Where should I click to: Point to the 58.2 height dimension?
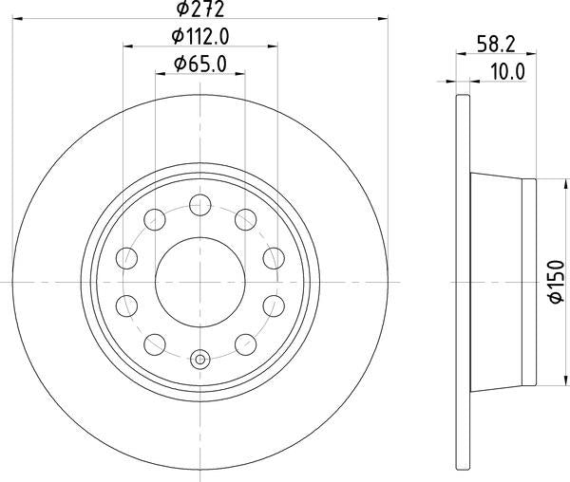[495, 44]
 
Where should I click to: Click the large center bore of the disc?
[200, 281]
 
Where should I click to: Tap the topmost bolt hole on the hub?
[200, 202]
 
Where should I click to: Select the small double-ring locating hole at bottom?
[200, 360]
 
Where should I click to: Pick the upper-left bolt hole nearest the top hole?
[155, 217]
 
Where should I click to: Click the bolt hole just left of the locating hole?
[155, 344]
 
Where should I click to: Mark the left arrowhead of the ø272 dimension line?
[16, 17]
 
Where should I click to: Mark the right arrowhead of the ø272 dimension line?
[385, 17]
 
